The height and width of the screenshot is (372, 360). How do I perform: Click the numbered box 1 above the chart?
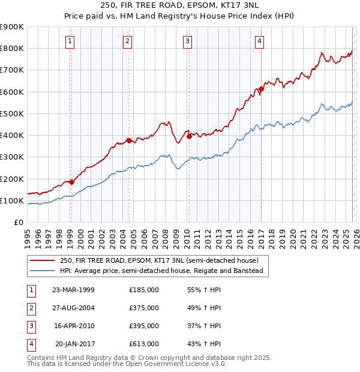click(71, 41)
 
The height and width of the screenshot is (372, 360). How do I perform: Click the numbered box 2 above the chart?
click(128, 41)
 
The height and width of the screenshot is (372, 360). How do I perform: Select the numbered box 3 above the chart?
click(188, 41)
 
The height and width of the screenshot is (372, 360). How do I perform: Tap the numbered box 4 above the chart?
click(259, 41)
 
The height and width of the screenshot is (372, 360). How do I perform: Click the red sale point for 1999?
click(71, 182)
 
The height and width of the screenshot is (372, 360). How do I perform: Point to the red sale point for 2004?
click(129, 140)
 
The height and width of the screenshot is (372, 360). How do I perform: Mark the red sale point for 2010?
click(189, 136)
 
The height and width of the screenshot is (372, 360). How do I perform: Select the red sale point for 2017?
click(261, 89)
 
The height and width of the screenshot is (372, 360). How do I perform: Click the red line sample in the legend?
click(43, 260)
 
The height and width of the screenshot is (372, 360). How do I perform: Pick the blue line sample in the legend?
click(43, 271)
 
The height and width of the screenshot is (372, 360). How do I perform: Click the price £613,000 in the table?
click(143, 344)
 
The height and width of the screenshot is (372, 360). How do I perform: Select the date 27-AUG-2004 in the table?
click(73, 308)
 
